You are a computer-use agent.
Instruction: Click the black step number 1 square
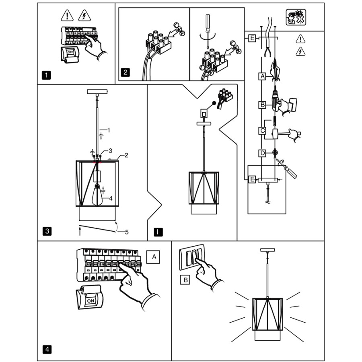pyautogui.click(x=46, y=75)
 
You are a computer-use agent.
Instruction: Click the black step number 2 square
pyautogui.click(x=125, y=72)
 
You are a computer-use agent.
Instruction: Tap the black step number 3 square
pyautogui.click(x=47, y=231)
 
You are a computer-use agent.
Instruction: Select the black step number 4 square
pyautogui.click(x=47, y=349)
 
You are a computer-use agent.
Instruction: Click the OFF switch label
pyautogui.click(x=70, y=52)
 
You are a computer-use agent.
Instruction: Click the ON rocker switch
pyautogui.click(x=90, y=300)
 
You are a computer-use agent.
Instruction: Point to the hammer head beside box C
pyautogui.click(x=275, y=134)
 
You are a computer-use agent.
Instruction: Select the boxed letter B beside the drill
pyautogui.click(x=262, y=105)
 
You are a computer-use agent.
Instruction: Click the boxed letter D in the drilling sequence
pyautogui.click(x=262, y=153)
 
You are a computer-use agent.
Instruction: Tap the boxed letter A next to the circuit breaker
pyautogui.click(x=153, y=257)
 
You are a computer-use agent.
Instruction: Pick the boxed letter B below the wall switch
pyautogui.click(x=185, y=280)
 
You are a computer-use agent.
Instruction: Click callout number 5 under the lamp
pyautogui.click(x=127, y=232)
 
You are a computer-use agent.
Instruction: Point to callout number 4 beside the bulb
pyautogui.click(x=111, y=198)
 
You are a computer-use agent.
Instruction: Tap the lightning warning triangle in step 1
pyautogui.click(x=84, y=15)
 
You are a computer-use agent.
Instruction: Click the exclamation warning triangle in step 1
pyautogui.click(x=67, y=15)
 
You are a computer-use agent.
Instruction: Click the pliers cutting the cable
pyautogui.click(x=268, y=52)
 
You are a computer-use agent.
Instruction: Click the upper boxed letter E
pyautogui.click(x=252, y=38)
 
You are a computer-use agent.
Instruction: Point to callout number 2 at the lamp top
pyautogui.click(x=126, y=155)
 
